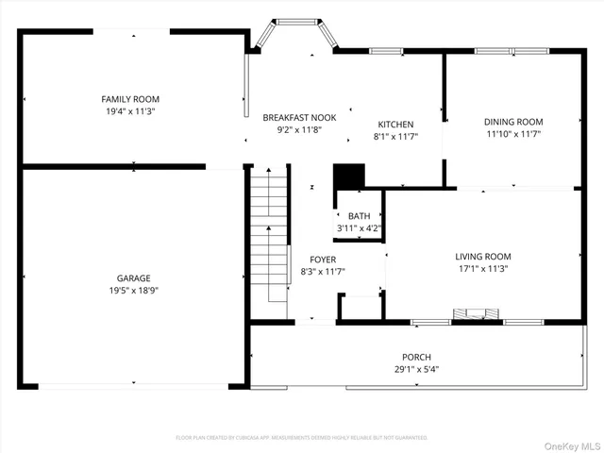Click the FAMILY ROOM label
coord(130,99)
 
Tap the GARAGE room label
coord(133,279)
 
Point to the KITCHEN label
coord(395,125)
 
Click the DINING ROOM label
coord(513,122)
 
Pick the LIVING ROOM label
coord(482,256)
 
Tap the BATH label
coord(359,216)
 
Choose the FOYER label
coord(323,260)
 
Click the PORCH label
coord(416,357)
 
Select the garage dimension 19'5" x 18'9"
coord(133,292)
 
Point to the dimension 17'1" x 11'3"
coord(482,268)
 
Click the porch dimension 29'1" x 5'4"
coord(416,369)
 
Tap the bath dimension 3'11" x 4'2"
coord(359,228)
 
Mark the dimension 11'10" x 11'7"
coord(513,134)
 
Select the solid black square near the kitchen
coord(349,176)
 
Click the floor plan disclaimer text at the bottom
coord(302,438)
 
